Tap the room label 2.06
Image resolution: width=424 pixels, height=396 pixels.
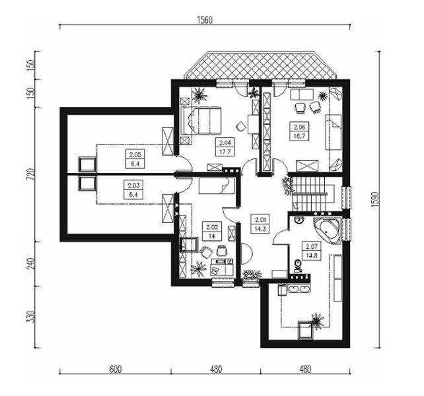[299, 127]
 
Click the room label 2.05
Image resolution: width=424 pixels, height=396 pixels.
[135, 155]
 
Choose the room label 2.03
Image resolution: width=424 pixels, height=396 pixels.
[133, 185]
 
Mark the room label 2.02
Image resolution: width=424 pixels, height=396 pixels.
[212, 227]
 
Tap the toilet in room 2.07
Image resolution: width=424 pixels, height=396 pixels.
[298, 265]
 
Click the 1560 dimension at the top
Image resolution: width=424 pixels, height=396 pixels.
[205, 20]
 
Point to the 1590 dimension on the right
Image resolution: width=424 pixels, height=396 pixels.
[375, 199]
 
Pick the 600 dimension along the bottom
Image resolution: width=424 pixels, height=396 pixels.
[116, 369]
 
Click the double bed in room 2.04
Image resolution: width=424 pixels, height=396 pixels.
[201, 121]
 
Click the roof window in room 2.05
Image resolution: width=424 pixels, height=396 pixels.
[87, 164]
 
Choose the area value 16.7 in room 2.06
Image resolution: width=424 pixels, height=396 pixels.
[299, 136]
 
